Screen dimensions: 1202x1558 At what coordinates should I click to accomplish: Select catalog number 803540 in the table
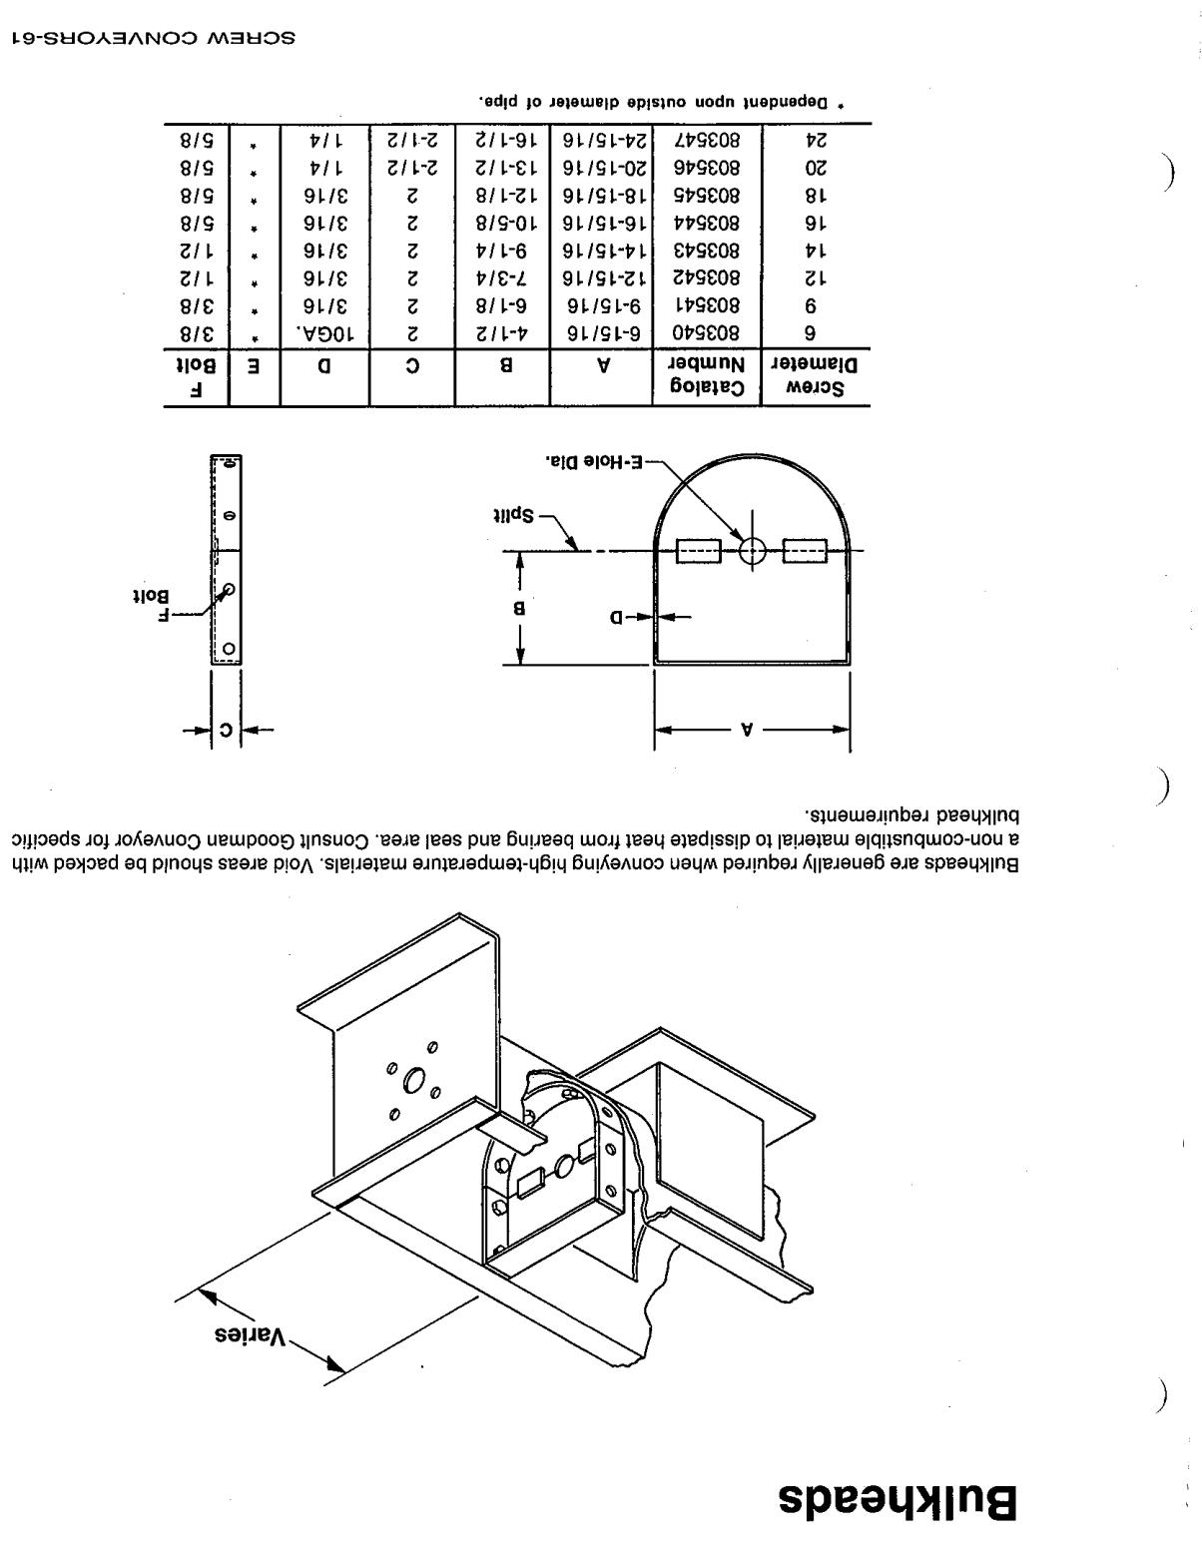point(706,333)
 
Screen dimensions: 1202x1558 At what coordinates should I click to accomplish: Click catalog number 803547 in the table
point(706,140)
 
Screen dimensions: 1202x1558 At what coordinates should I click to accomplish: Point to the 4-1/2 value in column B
point(502,333)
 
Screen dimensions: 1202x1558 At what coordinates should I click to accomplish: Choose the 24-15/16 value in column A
point(604,140)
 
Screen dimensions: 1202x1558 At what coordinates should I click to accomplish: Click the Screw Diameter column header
point(814,376)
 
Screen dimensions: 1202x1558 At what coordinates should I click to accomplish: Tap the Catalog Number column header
point(707,376)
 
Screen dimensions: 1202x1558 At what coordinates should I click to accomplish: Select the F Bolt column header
point(196,377)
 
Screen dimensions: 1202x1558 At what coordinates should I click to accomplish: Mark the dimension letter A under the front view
point(747,730)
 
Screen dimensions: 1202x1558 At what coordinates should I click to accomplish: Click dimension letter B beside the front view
point(518,609)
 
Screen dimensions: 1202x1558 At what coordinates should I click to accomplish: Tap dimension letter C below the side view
point(226,730)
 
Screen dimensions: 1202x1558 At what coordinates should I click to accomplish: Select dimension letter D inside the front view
point(616,617)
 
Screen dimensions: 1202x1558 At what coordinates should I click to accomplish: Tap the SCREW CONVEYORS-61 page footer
point(153,37)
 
